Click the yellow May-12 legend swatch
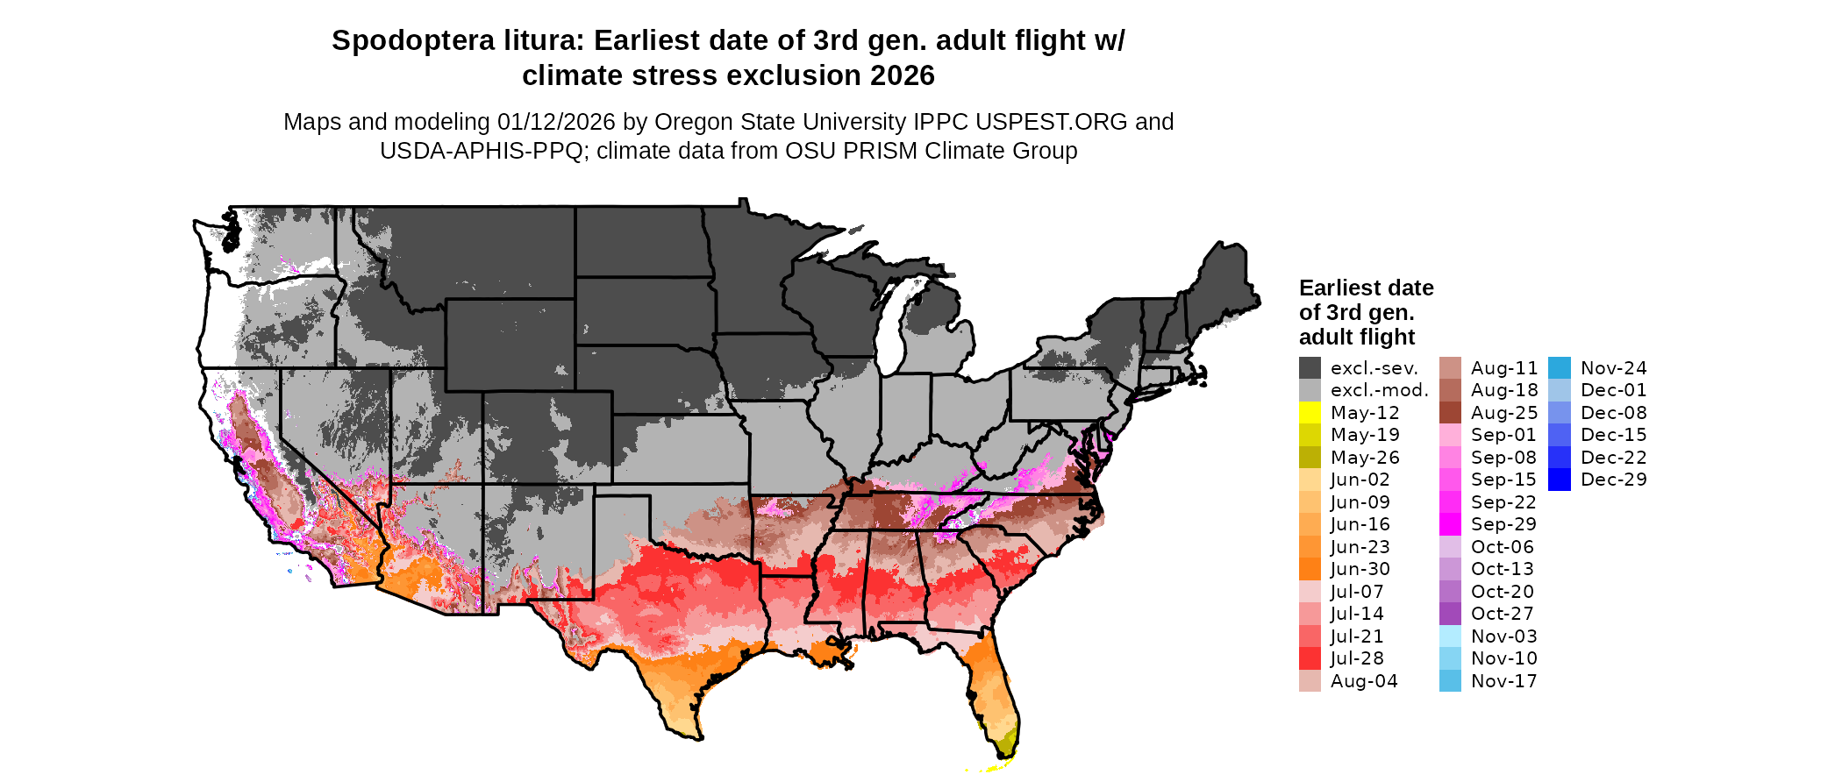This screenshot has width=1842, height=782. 1310,413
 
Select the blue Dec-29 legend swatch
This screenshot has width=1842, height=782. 1560,480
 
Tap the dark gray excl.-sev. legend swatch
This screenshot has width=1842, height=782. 1310,368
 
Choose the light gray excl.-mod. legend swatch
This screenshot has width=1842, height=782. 1310,390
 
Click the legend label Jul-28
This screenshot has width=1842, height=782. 1357,658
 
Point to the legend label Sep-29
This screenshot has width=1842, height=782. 1503,524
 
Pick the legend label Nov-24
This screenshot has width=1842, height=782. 1613,368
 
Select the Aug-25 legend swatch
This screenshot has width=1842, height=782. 1450,413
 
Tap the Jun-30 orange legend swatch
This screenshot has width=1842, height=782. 1310,569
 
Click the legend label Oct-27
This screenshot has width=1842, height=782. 1503,614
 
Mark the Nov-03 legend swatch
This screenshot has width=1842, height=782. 1450,636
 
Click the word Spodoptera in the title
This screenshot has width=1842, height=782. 413,40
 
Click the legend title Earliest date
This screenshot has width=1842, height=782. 1366,288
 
